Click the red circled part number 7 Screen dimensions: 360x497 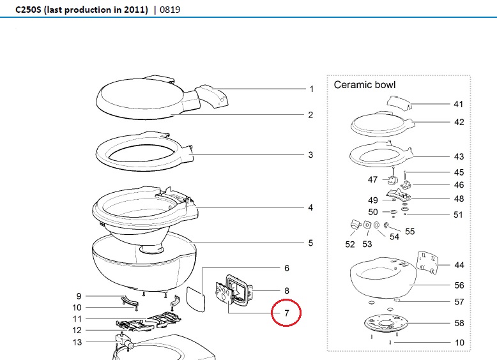(x=287, y=313)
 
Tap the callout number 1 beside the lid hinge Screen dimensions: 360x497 (x=312, y=89)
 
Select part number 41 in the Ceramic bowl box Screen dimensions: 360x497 (x=458, y=104)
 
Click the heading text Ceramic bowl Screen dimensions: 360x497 (x=365, y=85)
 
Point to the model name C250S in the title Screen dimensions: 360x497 (x=29, y=10)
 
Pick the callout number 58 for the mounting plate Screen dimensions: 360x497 (x=459, y=324)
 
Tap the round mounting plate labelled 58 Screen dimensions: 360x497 (x=387, y=325)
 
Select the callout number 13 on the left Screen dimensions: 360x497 (x=77, y=342)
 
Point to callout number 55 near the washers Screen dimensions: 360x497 (x=409, y=232)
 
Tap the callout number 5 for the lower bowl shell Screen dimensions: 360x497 (x=310, y=243)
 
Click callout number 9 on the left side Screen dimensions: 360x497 (x=79, y=296)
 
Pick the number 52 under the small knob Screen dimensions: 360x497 (x=350, y=244)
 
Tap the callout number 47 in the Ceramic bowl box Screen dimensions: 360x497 (x=373, y=180)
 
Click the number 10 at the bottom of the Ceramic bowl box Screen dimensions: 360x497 (x=459, y=343)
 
